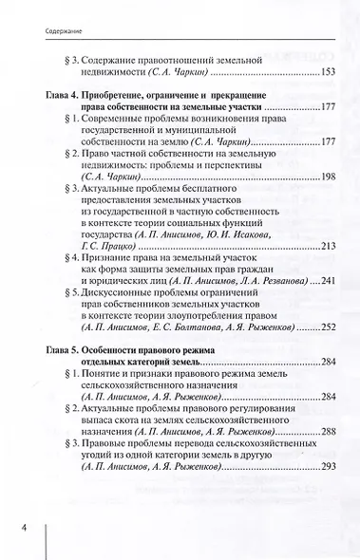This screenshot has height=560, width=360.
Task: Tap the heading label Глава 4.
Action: (x=63, y=96)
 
